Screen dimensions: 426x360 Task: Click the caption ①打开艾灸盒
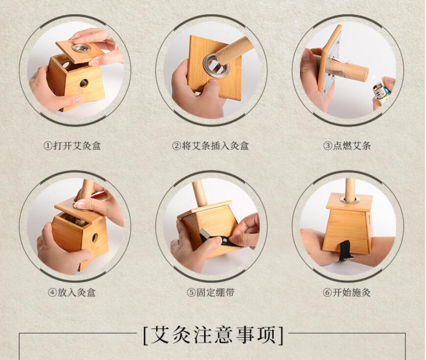click(72, 146)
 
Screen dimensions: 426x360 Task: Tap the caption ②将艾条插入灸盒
click(211, 146)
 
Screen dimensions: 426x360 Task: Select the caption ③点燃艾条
click(347, 146)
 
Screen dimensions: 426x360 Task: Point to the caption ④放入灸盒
click(71, 292)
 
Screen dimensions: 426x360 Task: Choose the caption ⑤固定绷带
click(211, 292)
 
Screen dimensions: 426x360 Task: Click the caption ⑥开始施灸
click(347, 292)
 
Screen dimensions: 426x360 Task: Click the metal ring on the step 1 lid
click(81, 48)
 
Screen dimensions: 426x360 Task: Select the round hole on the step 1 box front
click(84, 83)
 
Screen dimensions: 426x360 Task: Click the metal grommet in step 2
click(216, 67)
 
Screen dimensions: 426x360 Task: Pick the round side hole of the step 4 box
click(95, 238)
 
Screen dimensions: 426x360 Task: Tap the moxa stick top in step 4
click(87, 188)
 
